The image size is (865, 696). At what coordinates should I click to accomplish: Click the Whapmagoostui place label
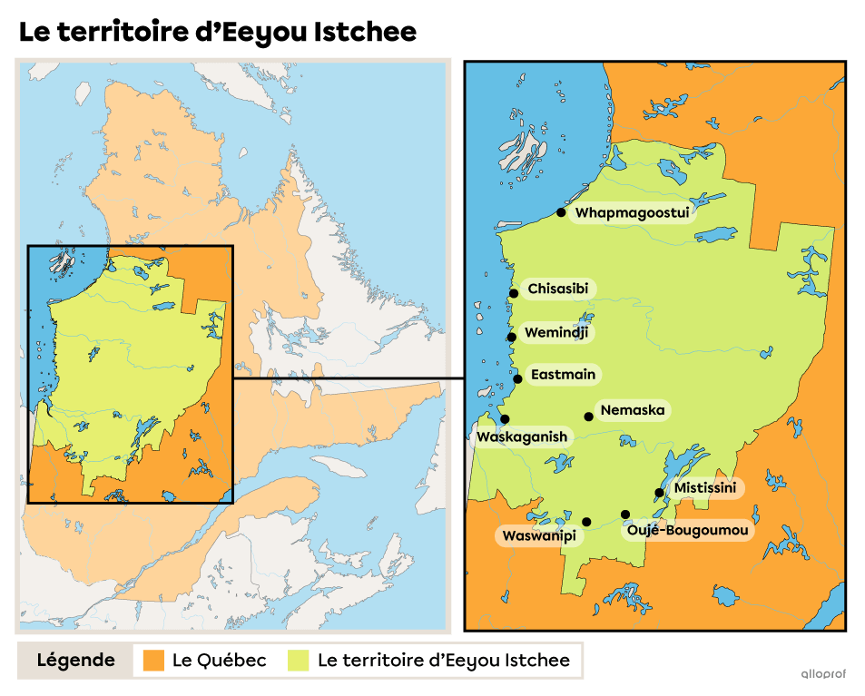pyautogui.click(x=633, y=213)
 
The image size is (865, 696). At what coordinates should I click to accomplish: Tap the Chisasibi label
pyautogui.click(x=557, y=289)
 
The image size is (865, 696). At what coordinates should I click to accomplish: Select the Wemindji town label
pyautogui.click(x=556, y=333)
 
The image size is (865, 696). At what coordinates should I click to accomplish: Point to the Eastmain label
pyautogui.click(x=565, y=374)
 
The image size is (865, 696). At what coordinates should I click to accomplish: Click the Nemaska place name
pyautogui.click(x=632, y=410)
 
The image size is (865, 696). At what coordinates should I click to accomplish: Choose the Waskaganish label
pyautogui.click(x=522, y=436)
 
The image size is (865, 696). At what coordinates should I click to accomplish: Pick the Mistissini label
pyautogui.click(x=705, y=488)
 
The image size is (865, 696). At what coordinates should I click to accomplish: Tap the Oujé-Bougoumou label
pyautogui.click(x=690, y=530)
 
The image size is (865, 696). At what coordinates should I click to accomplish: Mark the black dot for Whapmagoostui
pyautogui.click(x=561, y=212)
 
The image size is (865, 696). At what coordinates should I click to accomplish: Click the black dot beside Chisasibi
pyautogui.click(x=514, y=293)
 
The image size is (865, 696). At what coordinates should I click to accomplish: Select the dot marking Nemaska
pyautogui.click(x=589, y=417)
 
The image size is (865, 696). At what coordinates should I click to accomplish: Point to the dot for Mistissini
pyautogui.click(x=659, y=493)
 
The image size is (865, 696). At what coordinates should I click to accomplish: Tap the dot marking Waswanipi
pyautogui.click(x=586, y=522)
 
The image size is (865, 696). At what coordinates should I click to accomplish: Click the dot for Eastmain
pyautogui.click(x=517, y=378)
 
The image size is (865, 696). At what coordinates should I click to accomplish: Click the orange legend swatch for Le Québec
pyautogui.click(x=154, y=660)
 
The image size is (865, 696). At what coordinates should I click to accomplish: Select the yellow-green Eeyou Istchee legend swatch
pyautogui.click(x=298, y=660)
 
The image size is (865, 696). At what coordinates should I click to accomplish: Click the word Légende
pyautogui.click(x=75, y=660)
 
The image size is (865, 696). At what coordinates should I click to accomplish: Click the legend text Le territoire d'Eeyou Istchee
pyautogui.click(x=444, y=660)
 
